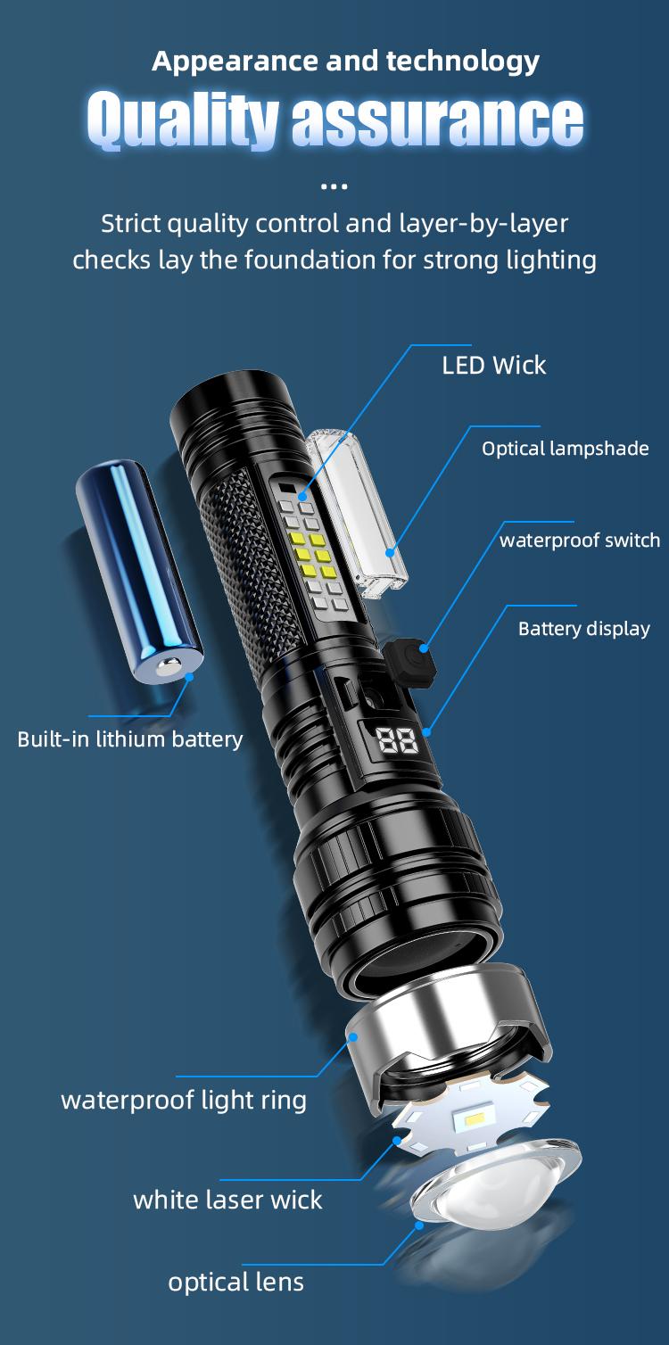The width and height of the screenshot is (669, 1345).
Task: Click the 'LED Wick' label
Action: click(x=493, y=365)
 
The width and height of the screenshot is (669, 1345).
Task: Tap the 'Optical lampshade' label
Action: click(x=565, y=448)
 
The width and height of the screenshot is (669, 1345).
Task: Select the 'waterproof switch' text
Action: click(x=579, y=540)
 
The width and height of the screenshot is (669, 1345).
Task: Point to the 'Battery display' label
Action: click(x=583, y=629)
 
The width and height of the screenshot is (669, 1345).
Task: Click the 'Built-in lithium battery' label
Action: click(x=130, y=739)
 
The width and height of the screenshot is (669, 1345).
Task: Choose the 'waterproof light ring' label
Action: click(x=184, y=1100)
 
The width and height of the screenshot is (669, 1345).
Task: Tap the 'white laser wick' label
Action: click(x=227, y=1200)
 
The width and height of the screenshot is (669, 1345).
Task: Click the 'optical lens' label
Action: click(x=235, y=1282)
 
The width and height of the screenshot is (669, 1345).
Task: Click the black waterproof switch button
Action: click(x=408, y=660)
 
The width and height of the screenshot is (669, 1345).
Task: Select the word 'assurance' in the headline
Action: click(x=437, y=121)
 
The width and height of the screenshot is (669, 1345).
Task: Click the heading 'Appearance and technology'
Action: click(x=345, y=61)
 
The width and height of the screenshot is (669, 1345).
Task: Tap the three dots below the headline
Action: click(x=334, y=186)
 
